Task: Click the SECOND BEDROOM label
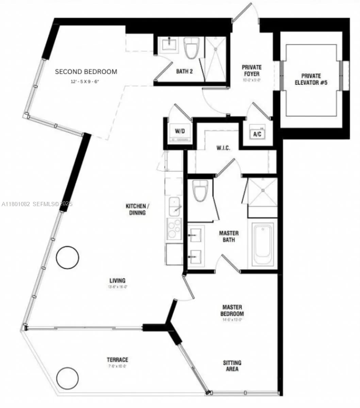86,72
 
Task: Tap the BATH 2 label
184,72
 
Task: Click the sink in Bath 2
169,45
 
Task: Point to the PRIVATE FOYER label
251,71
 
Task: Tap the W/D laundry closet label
179,131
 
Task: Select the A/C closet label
257,134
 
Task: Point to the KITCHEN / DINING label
136,209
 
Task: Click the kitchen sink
175,207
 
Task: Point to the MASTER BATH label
229,237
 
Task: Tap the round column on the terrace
67,378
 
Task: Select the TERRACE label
117,360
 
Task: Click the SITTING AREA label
232,366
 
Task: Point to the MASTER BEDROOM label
232,310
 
